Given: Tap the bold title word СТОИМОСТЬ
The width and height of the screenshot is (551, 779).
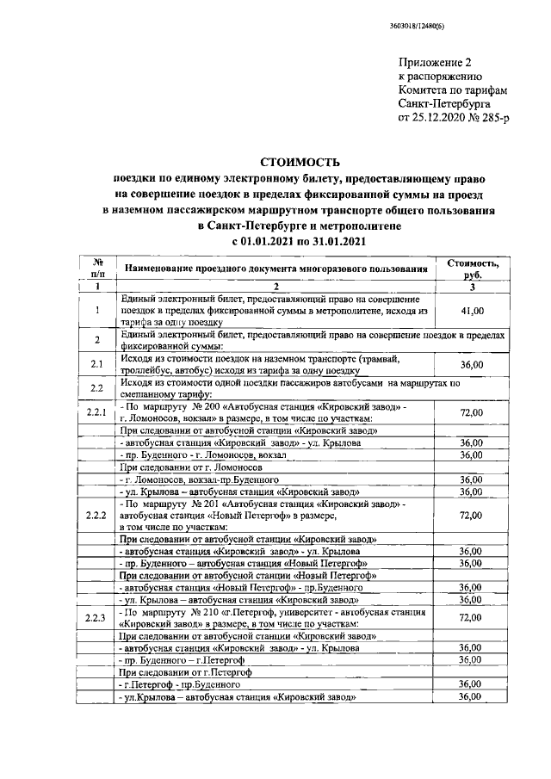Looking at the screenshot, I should [x=300, y=162].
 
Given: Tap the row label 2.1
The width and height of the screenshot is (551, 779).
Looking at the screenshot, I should [x=97, y=364].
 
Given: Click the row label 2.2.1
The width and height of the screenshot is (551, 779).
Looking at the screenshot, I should [x=97, y=412].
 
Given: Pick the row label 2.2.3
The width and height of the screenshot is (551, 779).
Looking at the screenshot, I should [x=97, y=617].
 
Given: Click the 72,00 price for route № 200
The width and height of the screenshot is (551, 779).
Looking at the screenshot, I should [x=470, y=412].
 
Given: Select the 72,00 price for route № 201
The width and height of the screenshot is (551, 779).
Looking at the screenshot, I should [x=470, y=515].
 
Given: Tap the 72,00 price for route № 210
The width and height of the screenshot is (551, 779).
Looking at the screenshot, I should [x=470, y=617].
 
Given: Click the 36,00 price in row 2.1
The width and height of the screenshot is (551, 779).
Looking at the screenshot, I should [x=470, y=365].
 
